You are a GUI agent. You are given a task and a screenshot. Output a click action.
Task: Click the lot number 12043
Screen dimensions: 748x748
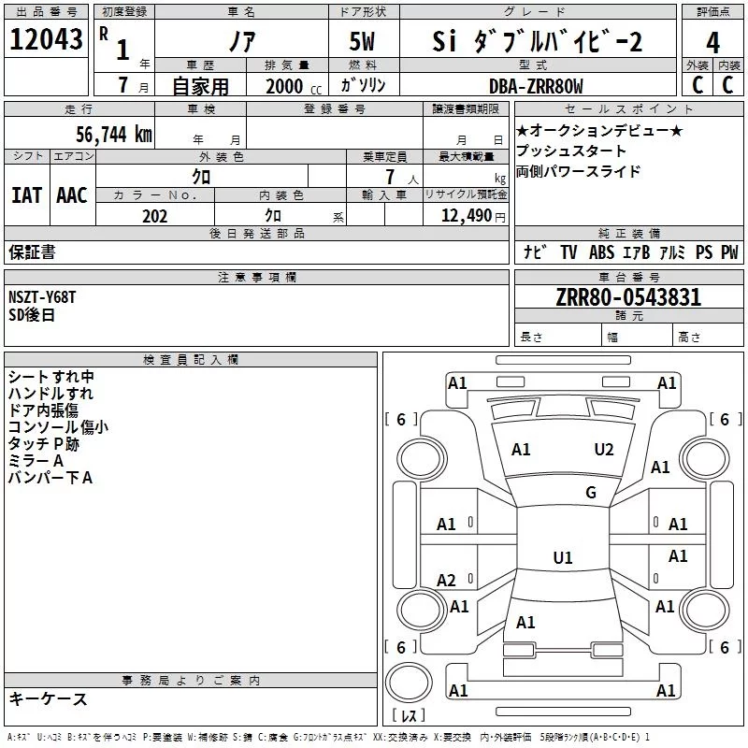(x=46, y=39)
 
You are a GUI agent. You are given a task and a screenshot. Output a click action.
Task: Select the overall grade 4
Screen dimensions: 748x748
(x=712, y=43)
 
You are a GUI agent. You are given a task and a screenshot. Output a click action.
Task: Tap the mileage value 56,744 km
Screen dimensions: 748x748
(x=114, y=135)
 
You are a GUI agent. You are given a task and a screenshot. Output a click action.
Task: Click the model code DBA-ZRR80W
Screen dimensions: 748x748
(x=536, y=86)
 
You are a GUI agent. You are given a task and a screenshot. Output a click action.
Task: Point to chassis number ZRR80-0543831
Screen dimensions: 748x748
(x=628, y=297)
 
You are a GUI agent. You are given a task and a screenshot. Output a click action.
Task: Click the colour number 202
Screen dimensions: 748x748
(x=154, y=216)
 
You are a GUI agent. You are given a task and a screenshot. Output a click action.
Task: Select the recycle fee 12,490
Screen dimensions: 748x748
(x=466, y=216)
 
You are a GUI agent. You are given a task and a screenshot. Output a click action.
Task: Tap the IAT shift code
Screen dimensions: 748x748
(x=26, y=195)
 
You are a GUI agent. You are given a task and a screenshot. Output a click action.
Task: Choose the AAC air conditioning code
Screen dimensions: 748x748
(x=72, y=195)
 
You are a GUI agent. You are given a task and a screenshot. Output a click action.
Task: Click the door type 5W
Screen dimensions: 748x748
(x=362, y=41)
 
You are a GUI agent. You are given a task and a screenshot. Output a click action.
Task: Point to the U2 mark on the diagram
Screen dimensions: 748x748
(x=604, y=450)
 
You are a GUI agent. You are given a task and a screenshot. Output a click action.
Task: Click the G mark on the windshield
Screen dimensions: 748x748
(x=591, y=493)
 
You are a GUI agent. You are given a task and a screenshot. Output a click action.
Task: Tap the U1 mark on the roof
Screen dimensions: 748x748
(x=563, y=557)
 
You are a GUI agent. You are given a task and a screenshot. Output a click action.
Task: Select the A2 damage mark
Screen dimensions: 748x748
(x=446, y=581)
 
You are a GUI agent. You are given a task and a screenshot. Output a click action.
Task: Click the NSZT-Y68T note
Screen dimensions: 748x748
(x=42, y=297)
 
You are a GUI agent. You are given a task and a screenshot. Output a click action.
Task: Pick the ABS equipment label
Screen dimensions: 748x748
(x=601, y=252)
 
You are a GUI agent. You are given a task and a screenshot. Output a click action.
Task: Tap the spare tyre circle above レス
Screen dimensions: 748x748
(x=409, y=682)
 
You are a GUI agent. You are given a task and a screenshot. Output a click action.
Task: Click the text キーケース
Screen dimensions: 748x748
(x=48, y=698)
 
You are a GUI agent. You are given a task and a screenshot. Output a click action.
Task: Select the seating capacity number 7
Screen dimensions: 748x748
(x=390, y=177)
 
